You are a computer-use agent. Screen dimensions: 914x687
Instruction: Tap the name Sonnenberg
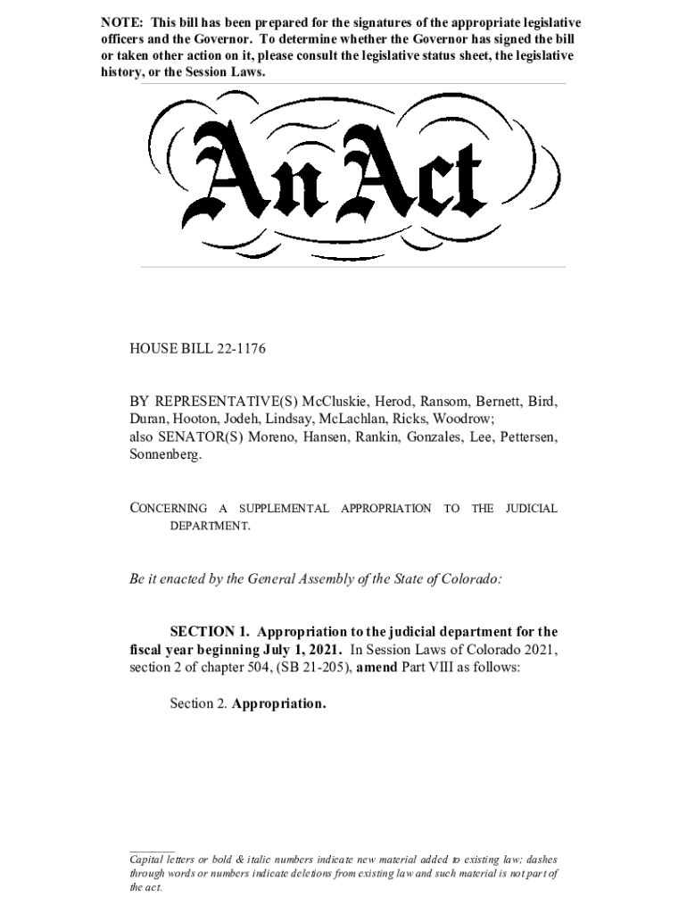point(165,454)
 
